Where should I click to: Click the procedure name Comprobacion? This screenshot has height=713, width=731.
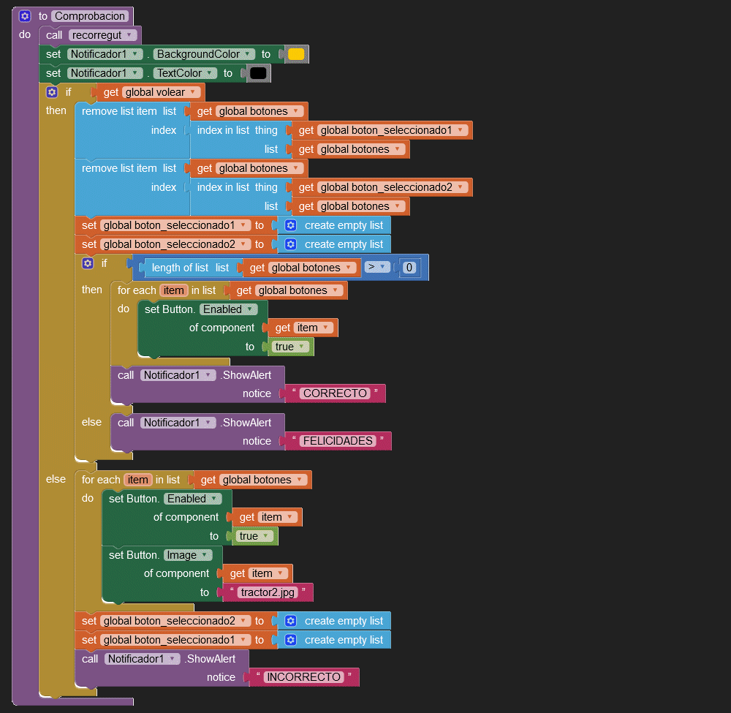91,16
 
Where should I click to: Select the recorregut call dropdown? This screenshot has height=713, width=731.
103,35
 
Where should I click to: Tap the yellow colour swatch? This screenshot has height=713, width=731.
295,54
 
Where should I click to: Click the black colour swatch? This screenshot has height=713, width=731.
257,73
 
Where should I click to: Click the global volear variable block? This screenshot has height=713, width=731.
161,92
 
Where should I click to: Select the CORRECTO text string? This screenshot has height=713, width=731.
335,393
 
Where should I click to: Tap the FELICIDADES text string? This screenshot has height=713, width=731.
338,441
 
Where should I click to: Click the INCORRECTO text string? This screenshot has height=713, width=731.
303,677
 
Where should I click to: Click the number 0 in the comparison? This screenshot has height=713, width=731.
409,268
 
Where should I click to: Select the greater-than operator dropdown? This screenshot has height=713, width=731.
377,267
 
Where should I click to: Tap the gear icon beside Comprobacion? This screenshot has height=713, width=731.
25,16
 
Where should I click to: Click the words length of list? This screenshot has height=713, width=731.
180,268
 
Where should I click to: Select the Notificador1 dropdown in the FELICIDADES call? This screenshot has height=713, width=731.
178,423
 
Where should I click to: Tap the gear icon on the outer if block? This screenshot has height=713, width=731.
51,92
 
